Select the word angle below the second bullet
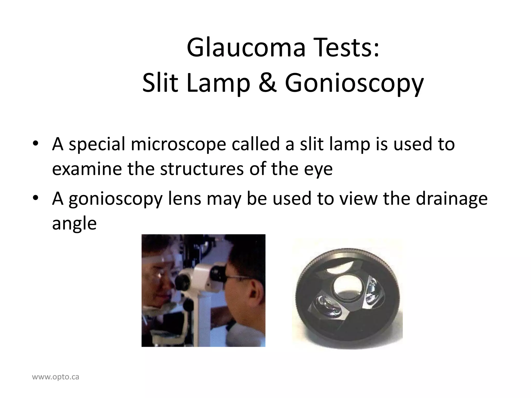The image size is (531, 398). (74, 224)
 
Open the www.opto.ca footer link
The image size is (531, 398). (55, 377)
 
